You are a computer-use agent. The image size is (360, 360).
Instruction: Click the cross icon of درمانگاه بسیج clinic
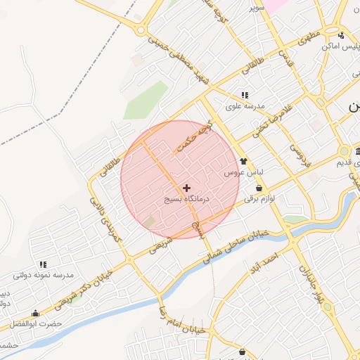coord(186,188)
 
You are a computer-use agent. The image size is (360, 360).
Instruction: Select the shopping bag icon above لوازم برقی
coord(260,188)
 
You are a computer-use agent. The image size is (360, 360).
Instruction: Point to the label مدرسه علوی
coord(245,106)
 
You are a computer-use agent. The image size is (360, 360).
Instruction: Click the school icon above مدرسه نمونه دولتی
coord(43,264)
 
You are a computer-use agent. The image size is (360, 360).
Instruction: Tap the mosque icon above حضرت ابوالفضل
coord(35,314)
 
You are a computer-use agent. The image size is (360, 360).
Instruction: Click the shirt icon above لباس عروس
coord(244,161)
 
